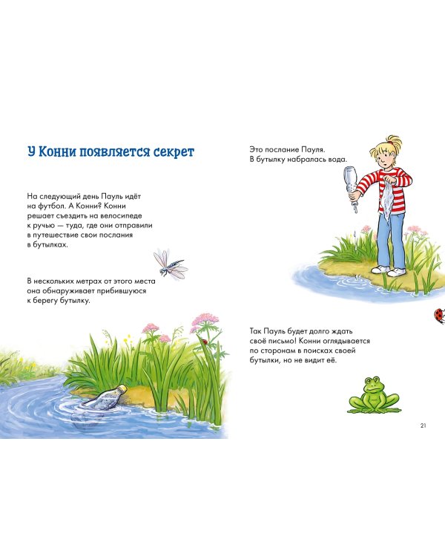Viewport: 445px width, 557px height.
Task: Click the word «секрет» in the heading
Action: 174,152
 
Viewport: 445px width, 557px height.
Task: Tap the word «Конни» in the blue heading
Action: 57,152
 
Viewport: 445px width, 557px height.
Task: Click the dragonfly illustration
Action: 170,264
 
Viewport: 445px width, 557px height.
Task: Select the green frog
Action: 373,395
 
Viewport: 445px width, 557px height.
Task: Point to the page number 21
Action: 423,426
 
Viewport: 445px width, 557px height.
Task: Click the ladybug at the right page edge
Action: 440,316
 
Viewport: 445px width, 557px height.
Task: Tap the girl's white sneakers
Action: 389,270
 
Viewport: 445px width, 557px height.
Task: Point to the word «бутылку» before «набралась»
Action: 271,160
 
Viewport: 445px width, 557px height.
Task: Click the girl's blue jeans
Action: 390,238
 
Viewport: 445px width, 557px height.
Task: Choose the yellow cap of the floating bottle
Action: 123,388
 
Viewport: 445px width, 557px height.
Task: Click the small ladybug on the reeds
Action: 205,342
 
